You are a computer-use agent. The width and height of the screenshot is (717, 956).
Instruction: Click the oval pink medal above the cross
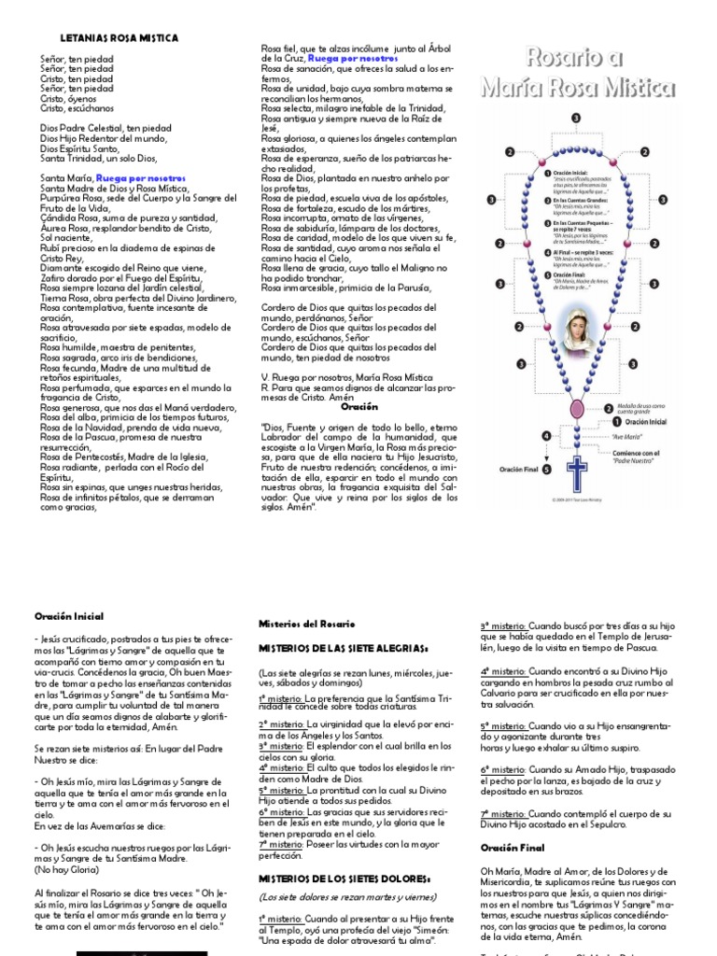(576, 409)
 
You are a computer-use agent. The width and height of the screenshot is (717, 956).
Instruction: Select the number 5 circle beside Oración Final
(547, 470)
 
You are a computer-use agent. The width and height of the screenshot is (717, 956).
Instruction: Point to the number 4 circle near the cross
(547, 436)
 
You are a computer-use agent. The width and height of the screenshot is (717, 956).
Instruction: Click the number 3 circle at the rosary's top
(575, 119)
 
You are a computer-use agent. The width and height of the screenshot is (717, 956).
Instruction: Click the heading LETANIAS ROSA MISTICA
(119, 38)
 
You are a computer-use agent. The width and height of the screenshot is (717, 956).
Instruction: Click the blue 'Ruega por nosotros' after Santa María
(140, 177)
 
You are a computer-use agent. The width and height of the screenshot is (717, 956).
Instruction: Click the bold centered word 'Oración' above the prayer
(359, 407)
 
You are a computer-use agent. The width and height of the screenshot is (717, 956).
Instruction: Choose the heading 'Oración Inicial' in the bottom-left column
(69, 616)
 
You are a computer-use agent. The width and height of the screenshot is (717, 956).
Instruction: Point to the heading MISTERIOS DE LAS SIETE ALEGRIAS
(343, 647)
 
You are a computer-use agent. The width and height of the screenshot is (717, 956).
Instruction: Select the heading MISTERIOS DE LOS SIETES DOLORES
(344, 879)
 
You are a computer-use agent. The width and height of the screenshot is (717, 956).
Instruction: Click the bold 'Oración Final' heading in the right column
(512, 848)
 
